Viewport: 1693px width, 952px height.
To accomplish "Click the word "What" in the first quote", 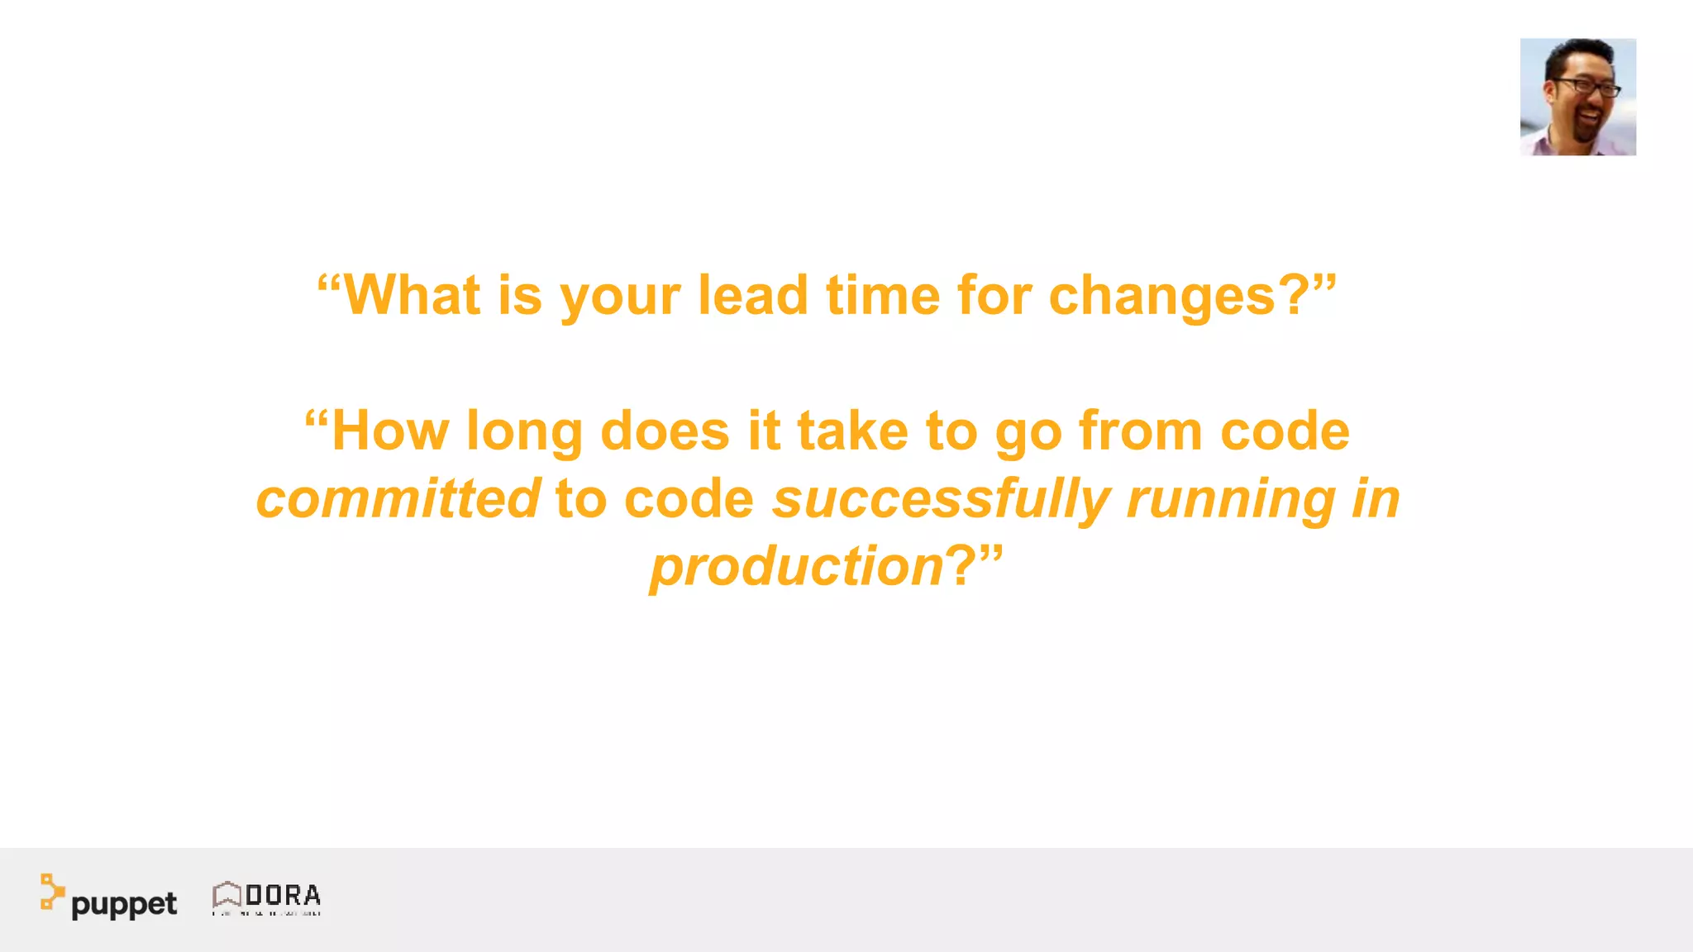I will point(412,295).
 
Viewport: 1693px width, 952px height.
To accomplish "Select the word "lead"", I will point(752,295).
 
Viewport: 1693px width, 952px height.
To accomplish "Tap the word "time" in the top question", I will point(883,295).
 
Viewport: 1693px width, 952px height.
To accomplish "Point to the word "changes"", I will point(1162,297).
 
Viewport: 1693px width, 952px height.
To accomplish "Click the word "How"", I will point(390,431).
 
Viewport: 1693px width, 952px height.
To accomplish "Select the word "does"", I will point(665,431).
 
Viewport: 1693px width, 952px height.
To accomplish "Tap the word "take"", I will point(852,431).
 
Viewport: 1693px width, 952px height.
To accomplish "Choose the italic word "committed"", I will point(398,498).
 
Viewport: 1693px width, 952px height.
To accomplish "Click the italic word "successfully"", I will point(941,500).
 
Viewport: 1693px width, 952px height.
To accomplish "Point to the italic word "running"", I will point(1231,500).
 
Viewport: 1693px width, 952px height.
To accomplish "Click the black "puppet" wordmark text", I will point(124,904).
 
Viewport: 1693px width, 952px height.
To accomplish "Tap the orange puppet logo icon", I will point(51,892).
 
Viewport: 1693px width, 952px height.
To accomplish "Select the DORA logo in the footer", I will point(266,897).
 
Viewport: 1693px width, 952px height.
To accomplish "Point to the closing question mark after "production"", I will point(961,566).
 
